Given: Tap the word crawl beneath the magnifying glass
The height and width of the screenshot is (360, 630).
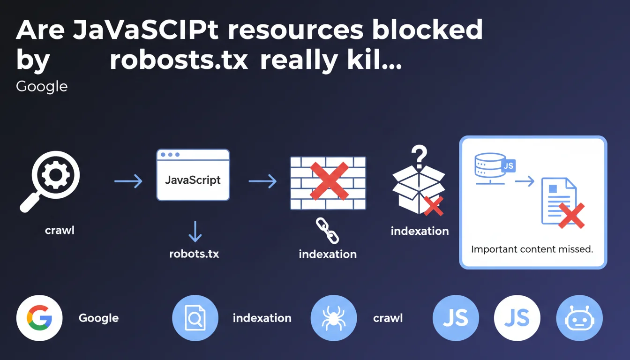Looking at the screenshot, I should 60,230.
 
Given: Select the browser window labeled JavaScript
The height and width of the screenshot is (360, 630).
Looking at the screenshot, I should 193,175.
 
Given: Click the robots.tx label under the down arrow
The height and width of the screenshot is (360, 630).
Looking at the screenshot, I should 194,254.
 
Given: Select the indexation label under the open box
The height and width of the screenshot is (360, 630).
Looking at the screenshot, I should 420,231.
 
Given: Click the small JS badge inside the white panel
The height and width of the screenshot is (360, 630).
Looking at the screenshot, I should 509,165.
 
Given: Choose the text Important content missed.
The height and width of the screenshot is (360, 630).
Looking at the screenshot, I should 532,249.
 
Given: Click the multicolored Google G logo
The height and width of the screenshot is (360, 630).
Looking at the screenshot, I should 39,318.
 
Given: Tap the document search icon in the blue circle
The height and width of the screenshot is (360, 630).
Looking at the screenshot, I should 195,318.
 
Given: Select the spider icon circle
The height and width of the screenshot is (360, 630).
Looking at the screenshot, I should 334,318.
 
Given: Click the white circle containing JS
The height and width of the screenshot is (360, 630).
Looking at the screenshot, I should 517,318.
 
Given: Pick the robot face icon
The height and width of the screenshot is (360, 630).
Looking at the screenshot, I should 579,318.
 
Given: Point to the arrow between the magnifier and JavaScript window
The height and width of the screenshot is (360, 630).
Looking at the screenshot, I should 128,181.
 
